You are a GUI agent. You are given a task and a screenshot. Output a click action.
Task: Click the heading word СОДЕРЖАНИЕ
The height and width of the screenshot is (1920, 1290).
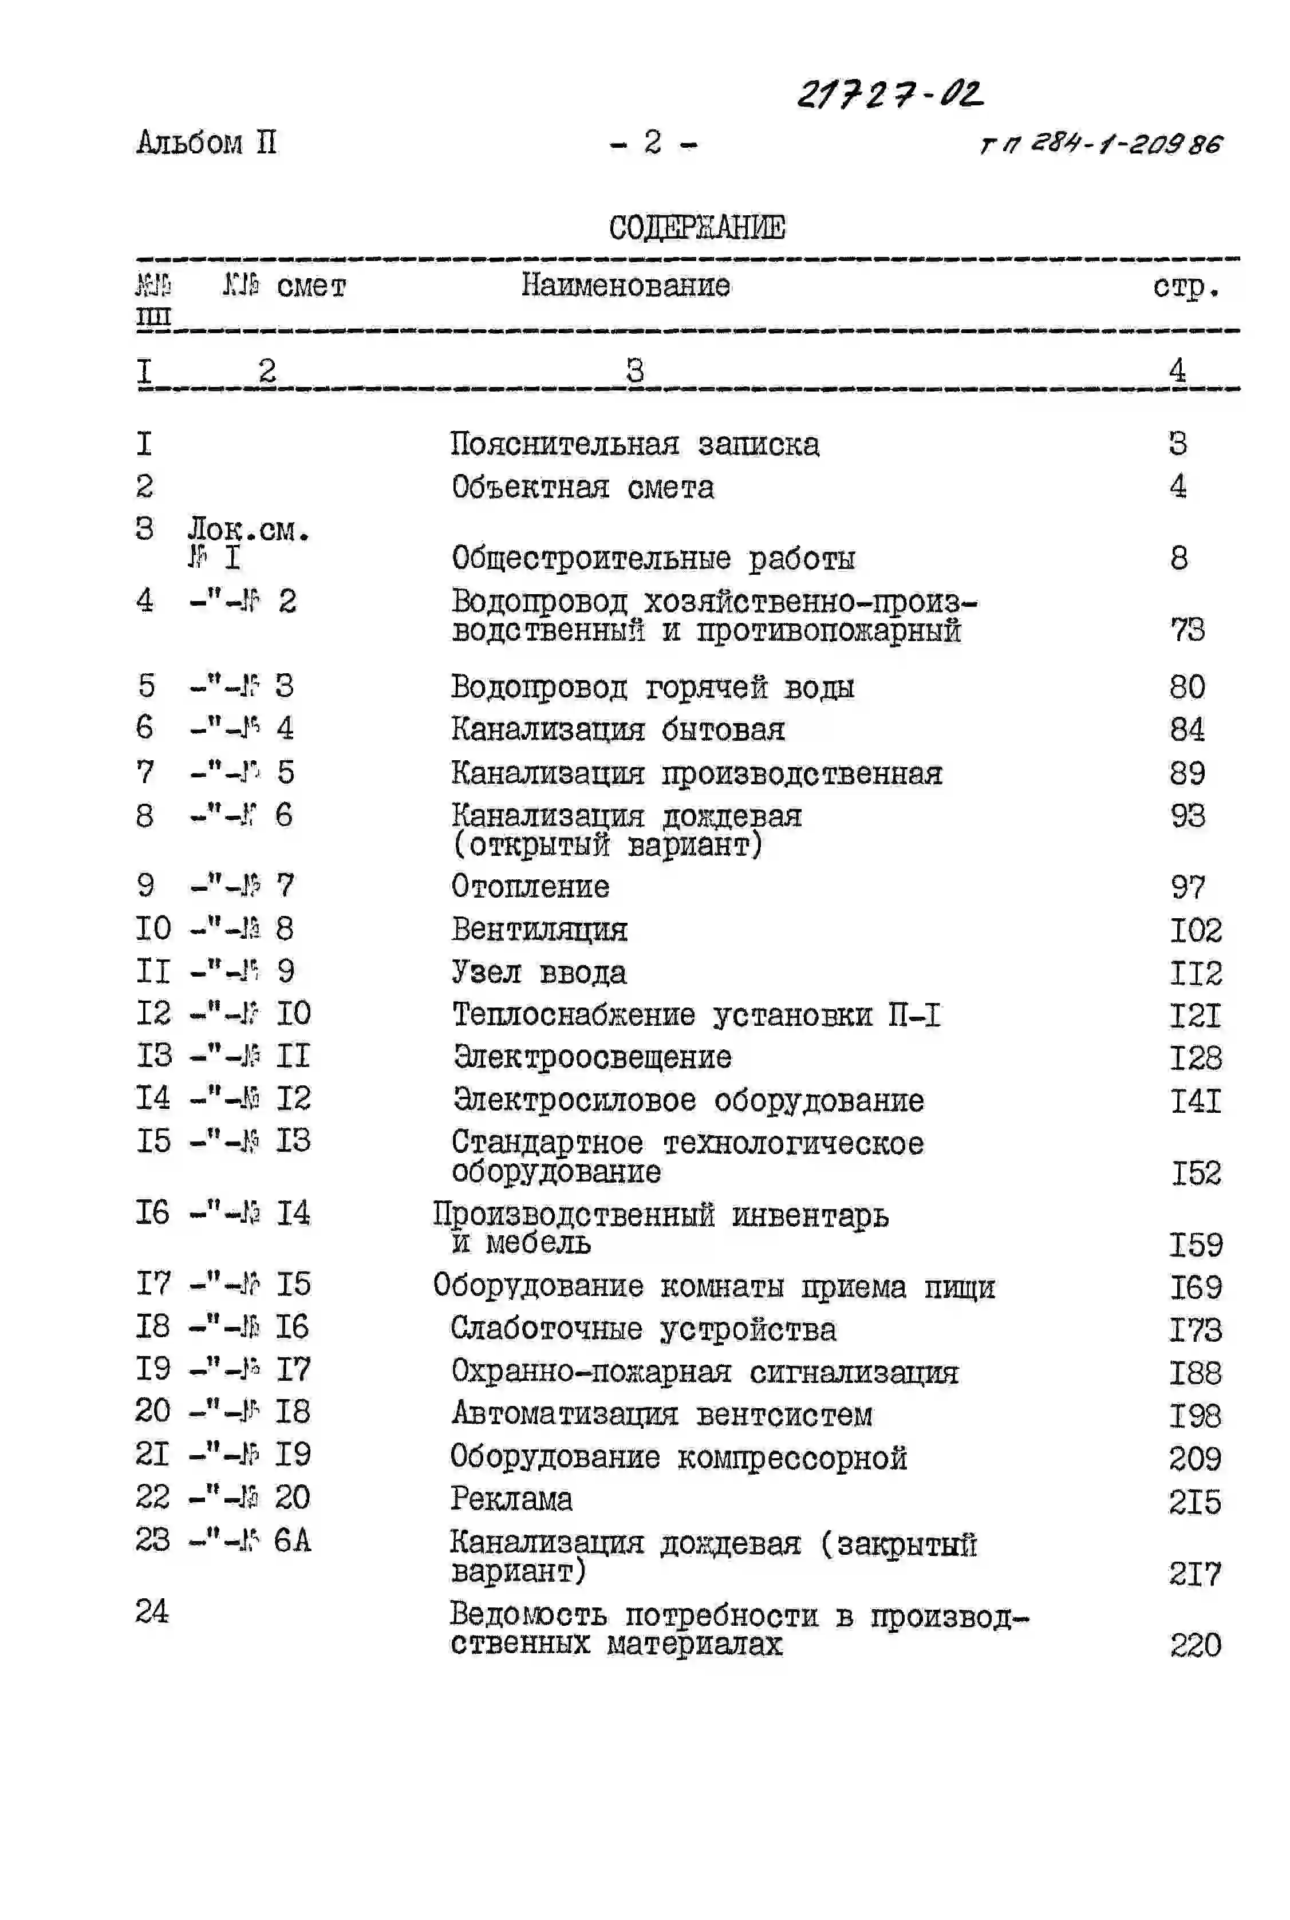697,228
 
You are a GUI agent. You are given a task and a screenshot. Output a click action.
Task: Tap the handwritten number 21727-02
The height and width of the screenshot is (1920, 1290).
890,94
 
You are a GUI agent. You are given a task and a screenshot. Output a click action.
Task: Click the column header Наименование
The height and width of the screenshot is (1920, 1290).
625,286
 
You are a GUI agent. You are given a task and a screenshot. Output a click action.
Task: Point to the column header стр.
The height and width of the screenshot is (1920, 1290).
1186,287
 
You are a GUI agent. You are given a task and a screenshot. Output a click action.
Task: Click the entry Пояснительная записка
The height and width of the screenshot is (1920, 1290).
634,444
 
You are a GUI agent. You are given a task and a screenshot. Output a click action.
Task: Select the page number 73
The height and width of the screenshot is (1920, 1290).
1187,630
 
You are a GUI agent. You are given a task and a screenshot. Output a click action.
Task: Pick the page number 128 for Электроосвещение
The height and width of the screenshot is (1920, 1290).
1196,1057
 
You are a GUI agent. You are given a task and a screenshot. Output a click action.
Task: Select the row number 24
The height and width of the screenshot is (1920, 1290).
152,1611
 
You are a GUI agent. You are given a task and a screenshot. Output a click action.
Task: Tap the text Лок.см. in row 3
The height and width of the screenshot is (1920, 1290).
248,531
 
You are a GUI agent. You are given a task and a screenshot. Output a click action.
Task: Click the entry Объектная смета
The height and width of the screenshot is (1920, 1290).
582,487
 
